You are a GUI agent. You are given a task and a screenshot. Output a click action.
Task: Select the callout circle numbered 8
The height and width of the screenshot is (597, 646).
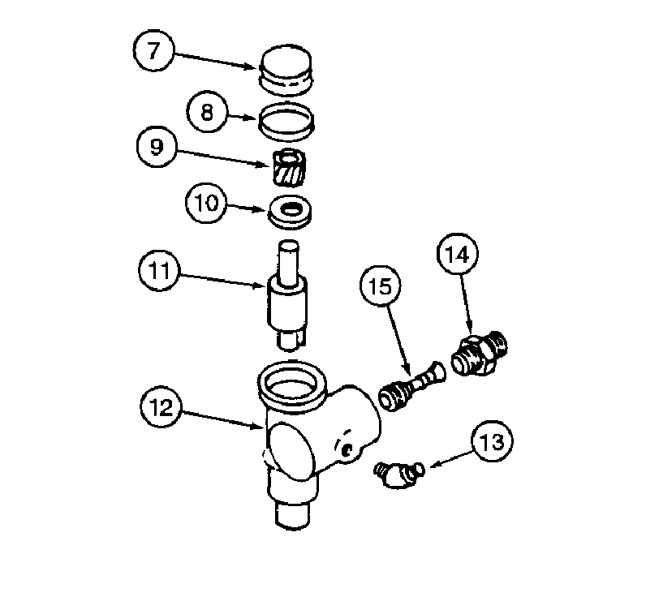208,113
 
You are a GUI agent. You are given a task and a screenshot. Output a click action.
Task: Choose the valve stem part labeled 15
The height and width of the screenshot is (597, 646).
412,385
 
